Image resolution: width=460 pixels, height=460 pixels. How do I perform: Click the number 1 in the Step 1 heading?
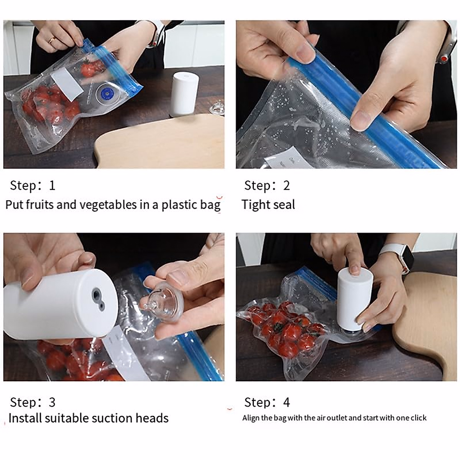(52, 186)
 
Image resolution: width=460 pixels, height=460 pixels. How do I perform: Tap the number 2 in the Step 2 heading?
(286, 186)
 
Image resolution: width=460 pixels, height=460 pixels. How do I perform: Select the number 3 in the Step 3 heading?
(52, 402)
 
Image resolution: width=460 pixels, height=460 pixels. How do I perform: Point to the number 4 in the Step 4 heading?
(286, 402)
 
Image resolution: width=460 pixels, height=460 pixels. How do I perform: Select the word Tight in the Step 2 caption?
(256, 205)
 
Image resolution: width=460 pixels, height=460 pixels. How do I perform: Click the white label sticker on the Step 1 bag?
(67, 84)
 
